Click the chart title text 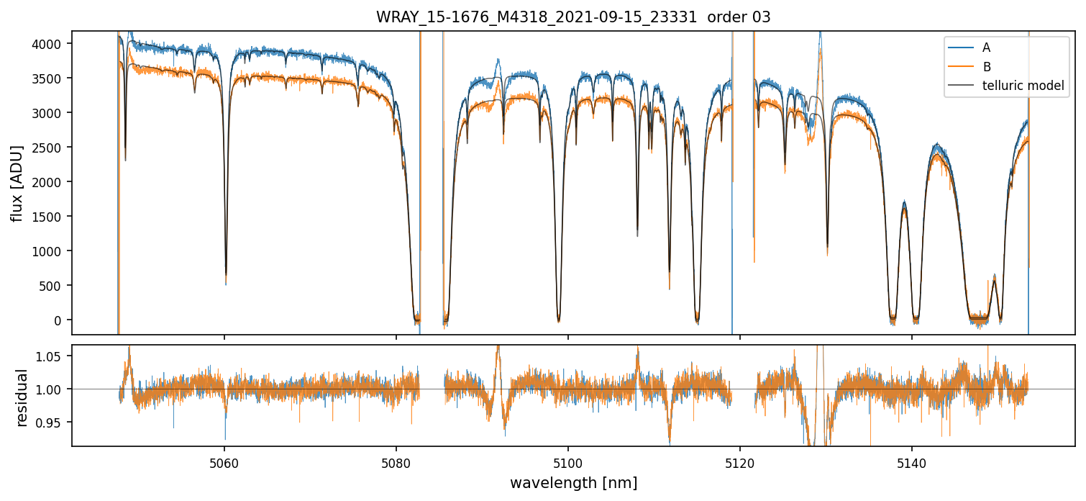click(573, 17)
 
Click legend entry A click(986, 48)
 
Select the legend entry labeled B click(986, 67)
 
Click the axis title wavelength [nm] click(573, 483)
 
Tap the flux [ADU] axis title click(17, 183)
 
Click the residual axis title click(22, 397)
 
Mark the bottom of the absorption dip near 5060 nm click(226, 281)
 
